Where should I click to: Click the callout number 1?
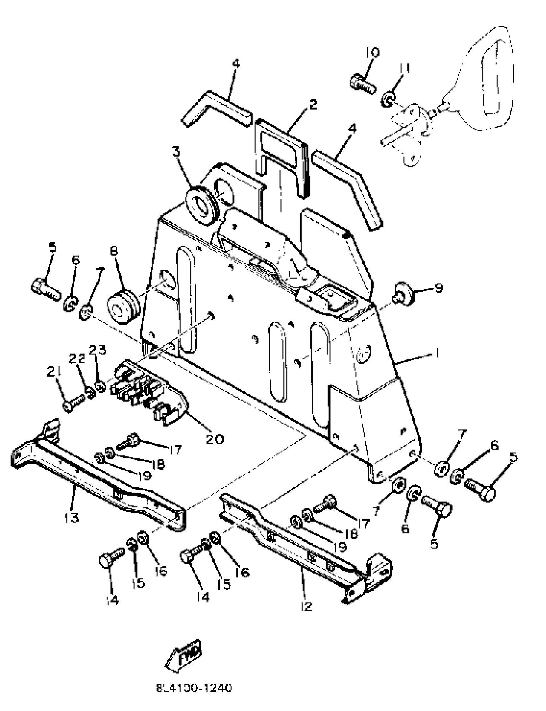437,353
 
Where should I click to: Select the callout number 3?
176,152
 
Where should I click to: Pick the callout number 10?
372,52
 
